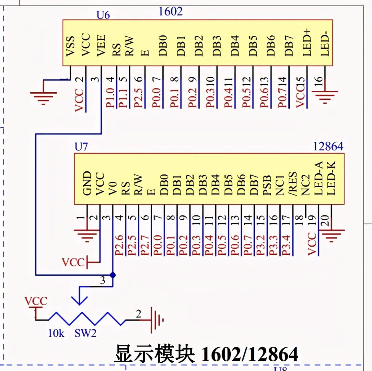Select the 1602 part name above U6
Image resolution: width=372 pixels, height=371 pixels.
pos(170,11)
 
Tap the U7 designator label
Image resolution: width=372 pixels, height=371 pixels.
pos(81,147)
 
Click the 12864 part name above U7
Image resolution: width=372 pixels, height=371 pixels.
pos(328,147)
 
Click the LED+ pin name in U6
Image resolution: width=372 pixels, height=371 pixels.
pos(307,43)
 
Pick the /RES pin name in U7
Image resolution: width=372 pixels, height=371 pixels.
pos(292,184)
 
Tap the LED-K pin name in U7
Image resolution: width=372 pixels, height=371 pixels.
pos(331,179)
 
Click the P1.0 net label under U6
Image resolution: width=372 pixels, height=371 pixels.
pos(111,98)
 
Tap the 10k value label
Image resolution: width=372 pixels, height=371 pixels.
pos(56,333)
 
